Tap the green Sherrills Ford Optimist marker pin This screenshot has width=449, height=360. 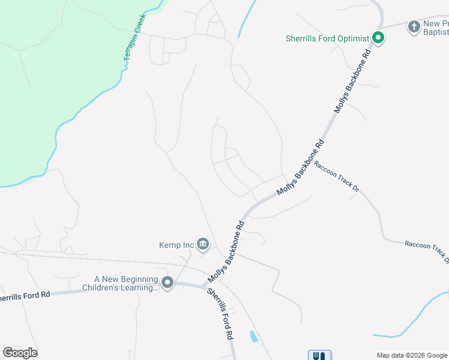[378, 38]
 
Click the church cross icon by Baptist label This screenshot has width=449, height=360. [414, 26]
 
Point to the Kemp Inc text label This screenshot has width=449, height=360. [176, 245]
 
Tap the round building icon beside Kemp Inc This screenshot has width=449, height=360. [203, 244]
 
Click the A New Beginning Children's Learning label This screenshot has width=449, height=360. [126, 283]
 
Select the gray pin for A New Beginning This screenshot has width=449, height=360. [167, 282]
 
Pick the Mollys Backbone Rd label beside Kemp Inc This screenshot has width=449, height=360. [228, 252]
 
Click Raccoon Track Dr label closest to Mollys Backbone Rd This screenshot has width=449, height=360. [337, 178]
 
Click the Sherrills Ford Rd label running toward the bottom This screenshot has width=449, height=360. [220, 314]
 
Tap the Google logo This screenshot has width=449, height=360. [20, 353]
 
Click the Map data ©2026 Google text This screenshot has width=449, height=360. [412, 355]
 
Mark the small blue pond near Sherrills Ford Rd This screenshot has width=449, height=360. [253, 336]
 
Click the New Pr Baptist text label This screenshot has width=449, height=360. [436, 27]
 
